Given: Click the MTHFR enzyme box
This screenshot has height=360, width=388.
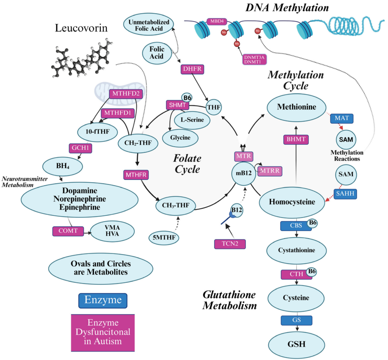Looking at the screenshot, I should tap(136, 175).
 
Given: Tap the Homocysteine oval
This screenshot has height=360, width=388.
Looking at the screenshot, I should tap(292, 202).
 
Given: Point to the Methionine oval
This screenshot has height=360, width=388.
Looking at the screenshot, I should tap(297, 107).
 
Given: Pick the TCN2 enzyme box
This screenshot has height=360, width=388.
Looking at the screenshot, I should tap(230, 244).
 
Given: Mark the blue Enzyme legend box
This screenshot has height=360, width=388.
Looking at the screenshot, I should tap(103, 300).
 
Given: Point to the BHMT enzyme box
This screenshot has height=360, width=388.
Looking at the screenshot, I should tap(296, 139).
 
